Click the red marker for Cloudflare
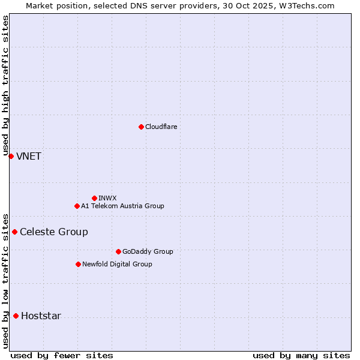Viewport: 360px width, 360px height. pos(141,127)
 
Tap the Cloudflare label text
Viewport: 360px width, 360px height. pos(161,127)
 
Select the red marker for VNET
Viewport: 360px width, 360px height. pos(11,156)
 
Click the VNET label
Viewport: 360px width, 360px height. pos(29,157)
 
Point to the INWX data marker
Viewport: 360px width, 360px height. pos(94,198)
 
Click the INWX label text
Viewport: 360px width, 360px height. pos(107,198)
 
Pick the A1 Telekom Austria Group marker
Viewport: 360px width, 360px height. pos(77,206)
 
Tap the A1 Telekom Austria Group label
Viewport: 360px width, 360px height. pos(122,206)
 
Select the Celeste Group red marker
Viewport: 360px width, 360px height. pos(14,232)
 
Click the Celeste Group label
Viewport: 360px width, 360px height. pos(54,232)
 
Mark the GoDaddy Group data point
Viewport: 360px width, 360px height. pos(118,251)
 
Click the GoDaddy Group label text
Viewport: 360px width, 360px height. pos(148,251)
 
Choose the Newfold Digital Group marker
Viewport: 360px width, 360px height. pos(78,264)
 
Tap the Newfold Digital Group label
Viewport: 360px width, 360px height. pos(117,264)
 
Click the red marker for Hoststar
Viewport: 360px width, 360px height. pos(16,316)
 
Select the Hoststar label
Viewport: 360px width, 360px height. pos(41,316)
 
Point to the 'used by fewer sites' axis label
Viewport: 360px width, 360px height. pos(62,355)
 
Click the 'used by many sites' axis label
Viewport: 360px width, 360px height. pos(301,355)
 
